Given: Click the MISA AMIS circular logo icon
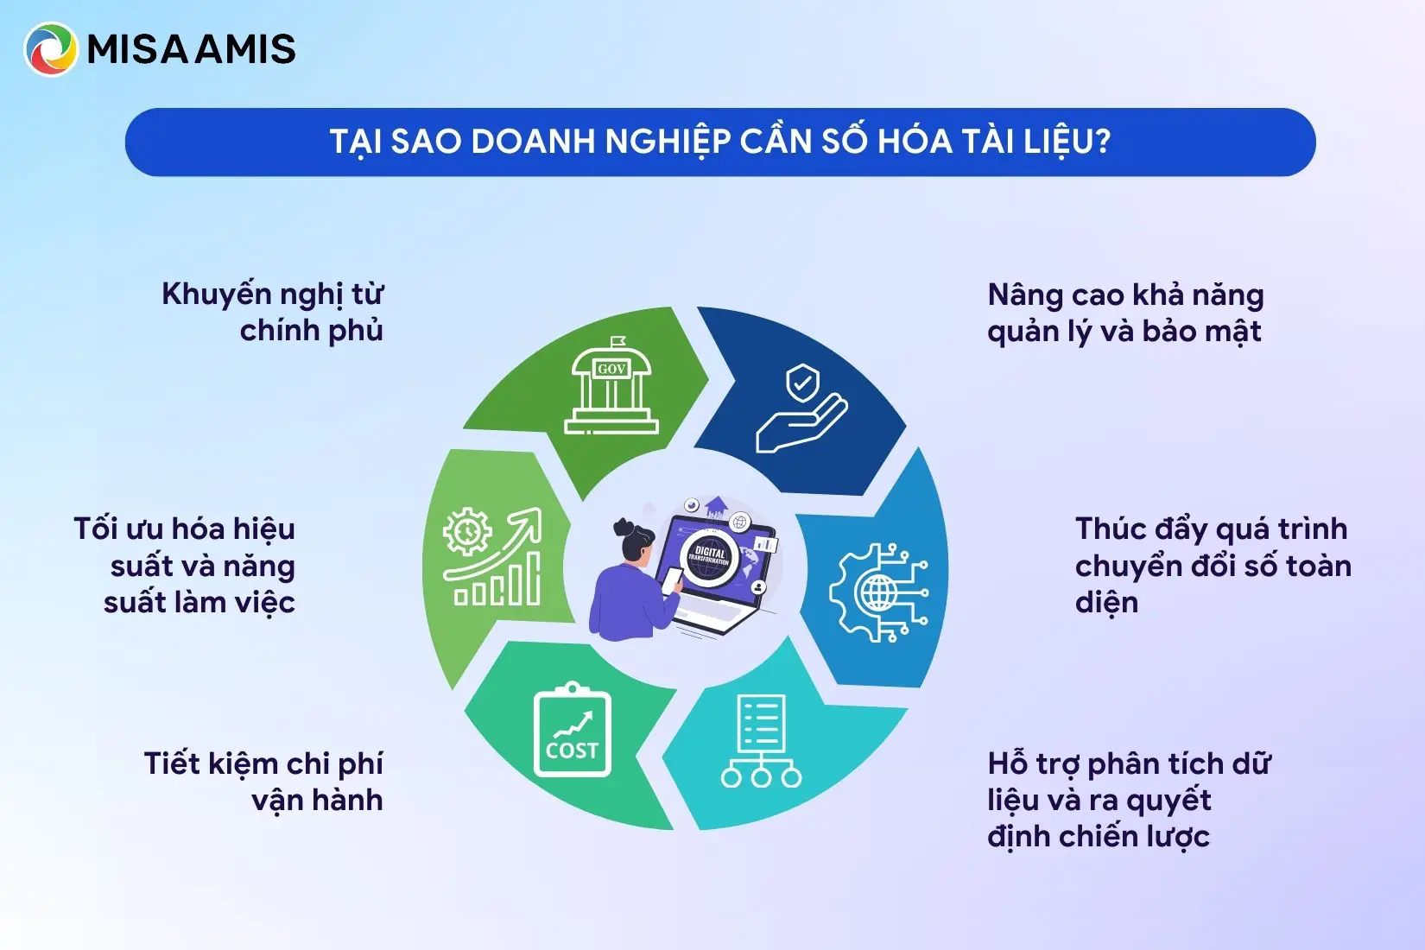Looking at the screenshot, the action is pyautogui.click(x=50, y=49).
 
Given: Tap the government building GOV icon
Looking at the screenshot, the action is pyautogui.click(x=611, y=385).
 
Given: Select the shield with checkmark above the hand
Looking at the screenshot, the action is pyautogui.click(x=802, y=382).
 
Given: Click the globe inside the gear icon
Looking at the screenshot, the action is pyautogui.click(x=878, y=592).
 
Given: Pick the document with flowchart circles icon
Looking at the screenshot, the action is pyautogui.click(x=761, y=741).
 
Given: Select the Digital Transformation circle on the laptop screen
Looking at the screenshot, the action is pyautogui.click(x=709, y=557).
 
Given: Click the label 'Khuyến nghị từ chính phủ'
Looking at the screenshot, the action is pyautogui.click(x=272, y=313).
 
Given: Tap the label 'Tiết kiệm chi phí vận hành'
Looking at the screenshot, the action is pyautogui.click(x=263, y=782).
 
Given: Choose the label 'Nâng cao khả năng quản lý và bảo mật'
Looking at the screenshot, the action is pyautogui.click(x=1125, y=313).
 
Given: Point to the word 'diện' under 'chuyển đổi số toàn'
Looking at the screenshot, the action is pyautogui.click(x=1106, y=602).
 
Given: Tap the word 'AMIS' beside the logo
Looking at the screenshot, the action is pyautogui.click(x=245, y=49).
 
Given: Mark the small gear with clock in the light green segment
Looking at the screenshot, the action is pyautogui.click(x=467, y=531).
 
